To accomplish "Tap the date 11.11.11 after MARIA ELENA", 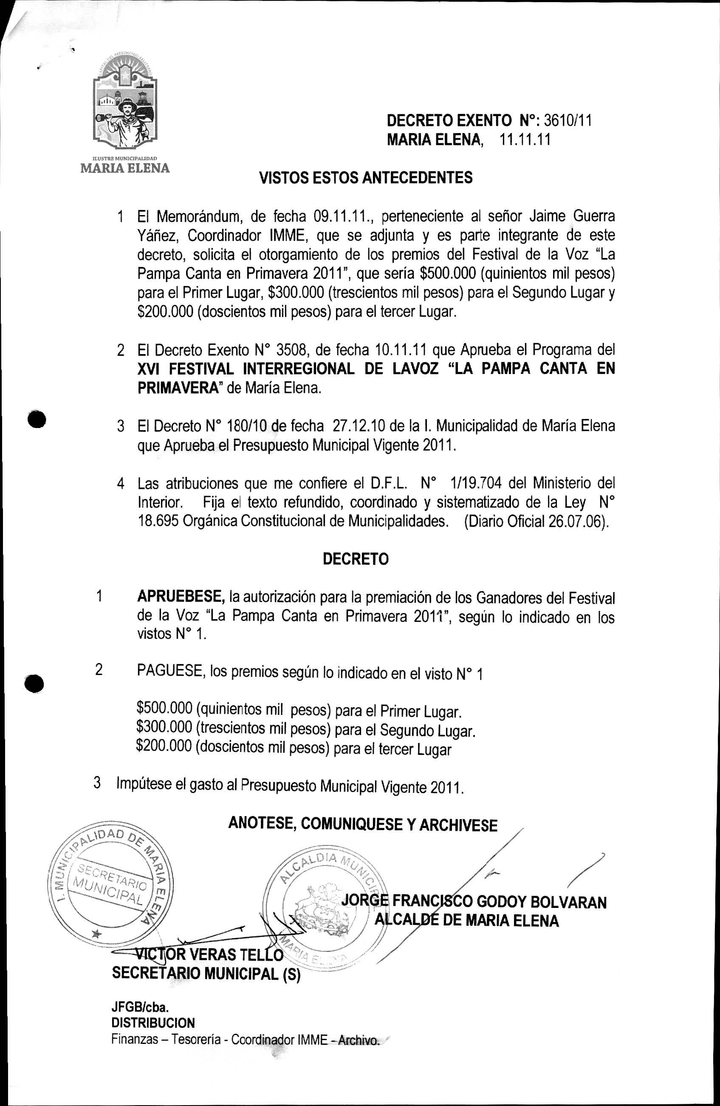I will pos(525,140).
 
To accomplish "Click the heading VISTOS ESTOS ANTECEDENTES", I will pos(366,178).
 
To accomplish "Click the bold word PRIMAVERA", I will pos(178,388).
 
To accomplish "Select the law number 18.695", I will pos(158,522).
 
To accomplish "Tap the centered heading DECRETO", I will pos(356,559).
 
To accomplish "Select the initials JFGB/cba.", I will pos(140,1007).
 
